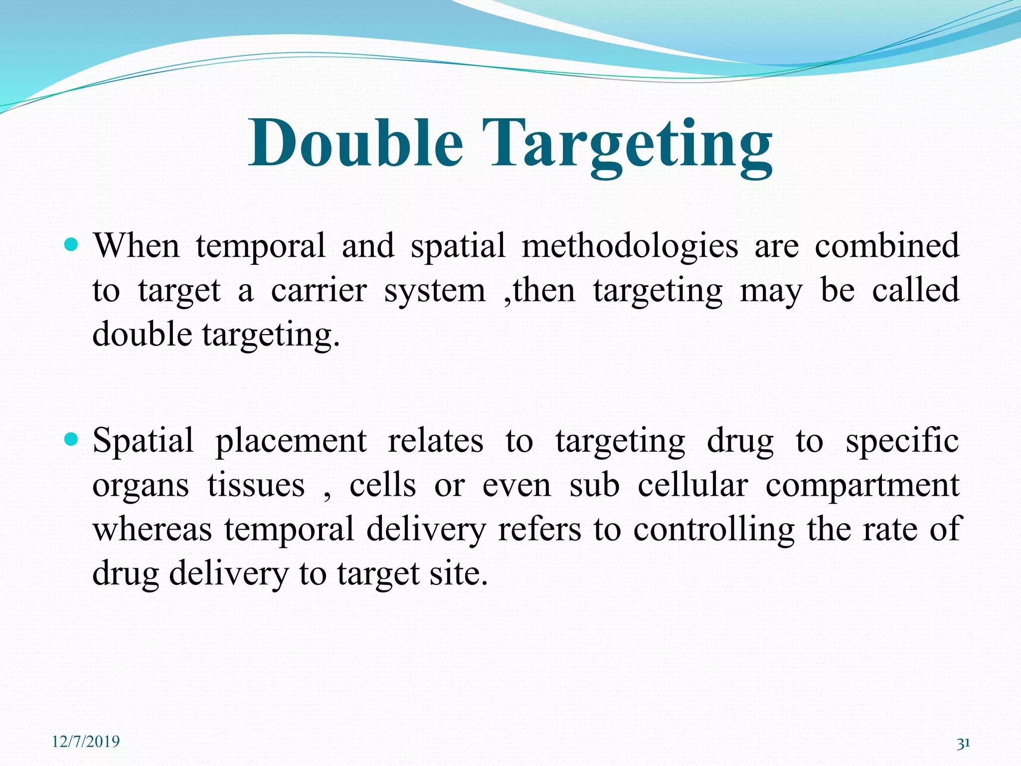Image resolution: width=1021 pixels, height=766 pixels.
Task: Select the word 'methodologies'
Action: [630, 247]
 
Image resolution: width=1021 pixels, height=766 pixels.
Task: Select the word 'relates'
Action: [435, 441]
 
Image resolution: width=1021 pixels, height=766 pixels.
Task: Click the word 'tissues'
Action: [256, 485]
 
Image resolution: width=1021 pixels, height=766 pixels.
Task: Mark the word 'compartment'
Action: [862, 486]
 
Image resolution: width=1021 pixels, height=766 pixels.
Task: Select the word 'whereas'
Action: [153, 530]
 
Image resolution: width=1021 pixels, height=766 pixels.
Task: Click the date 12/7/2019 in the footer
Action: [86, 742]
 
